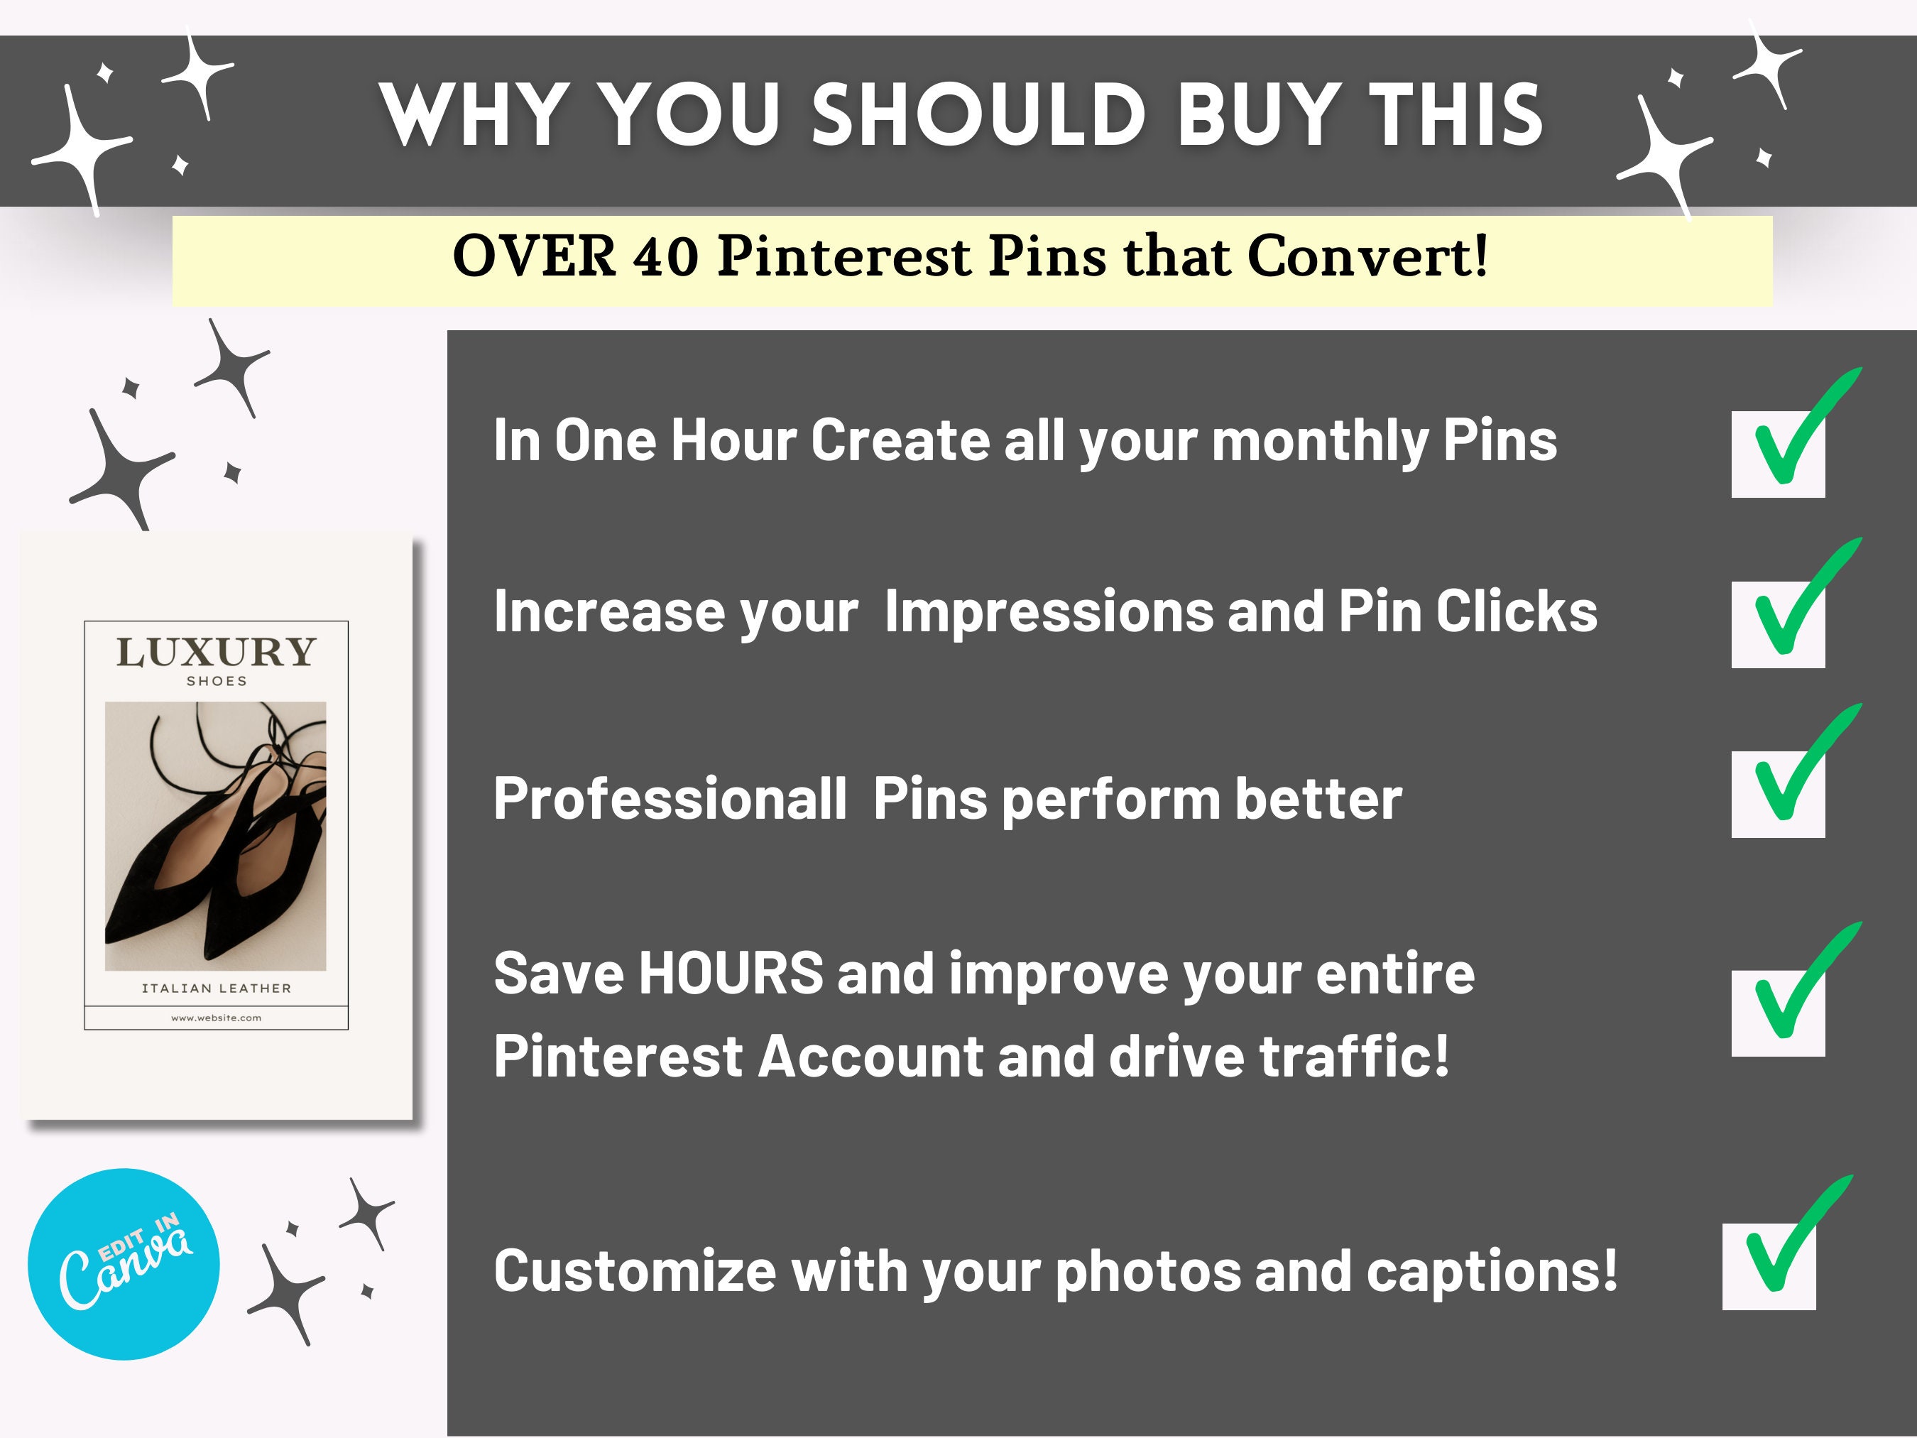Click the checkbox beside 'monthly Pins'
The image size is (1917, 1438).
coord(1777,454)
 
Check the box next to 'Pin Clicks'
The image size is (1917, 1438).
coord(1777,624)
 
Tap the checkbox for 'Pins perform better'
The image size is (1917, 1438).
coord(1777,794)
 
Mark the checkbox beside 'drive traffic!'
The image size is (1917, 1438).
coord(1777,1013)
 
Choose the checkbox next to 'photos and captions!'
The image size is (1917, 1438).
coord(1768,1266)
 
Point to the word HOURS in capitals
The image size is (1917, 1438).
coord(731,973)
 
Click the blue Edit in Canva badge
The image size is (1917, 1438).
coord(124,1264)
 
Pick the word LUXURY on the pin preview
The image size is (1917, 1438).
coord(216,652)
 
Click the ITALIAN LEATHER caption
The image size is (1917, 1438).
coord(217,988)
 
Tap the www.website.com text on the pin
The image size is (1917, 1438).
coord(216,1018)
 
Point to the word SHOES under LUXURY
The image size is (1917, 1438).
coord(217,681)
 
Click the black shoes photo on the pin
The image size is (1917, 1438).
coord(216,836)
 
